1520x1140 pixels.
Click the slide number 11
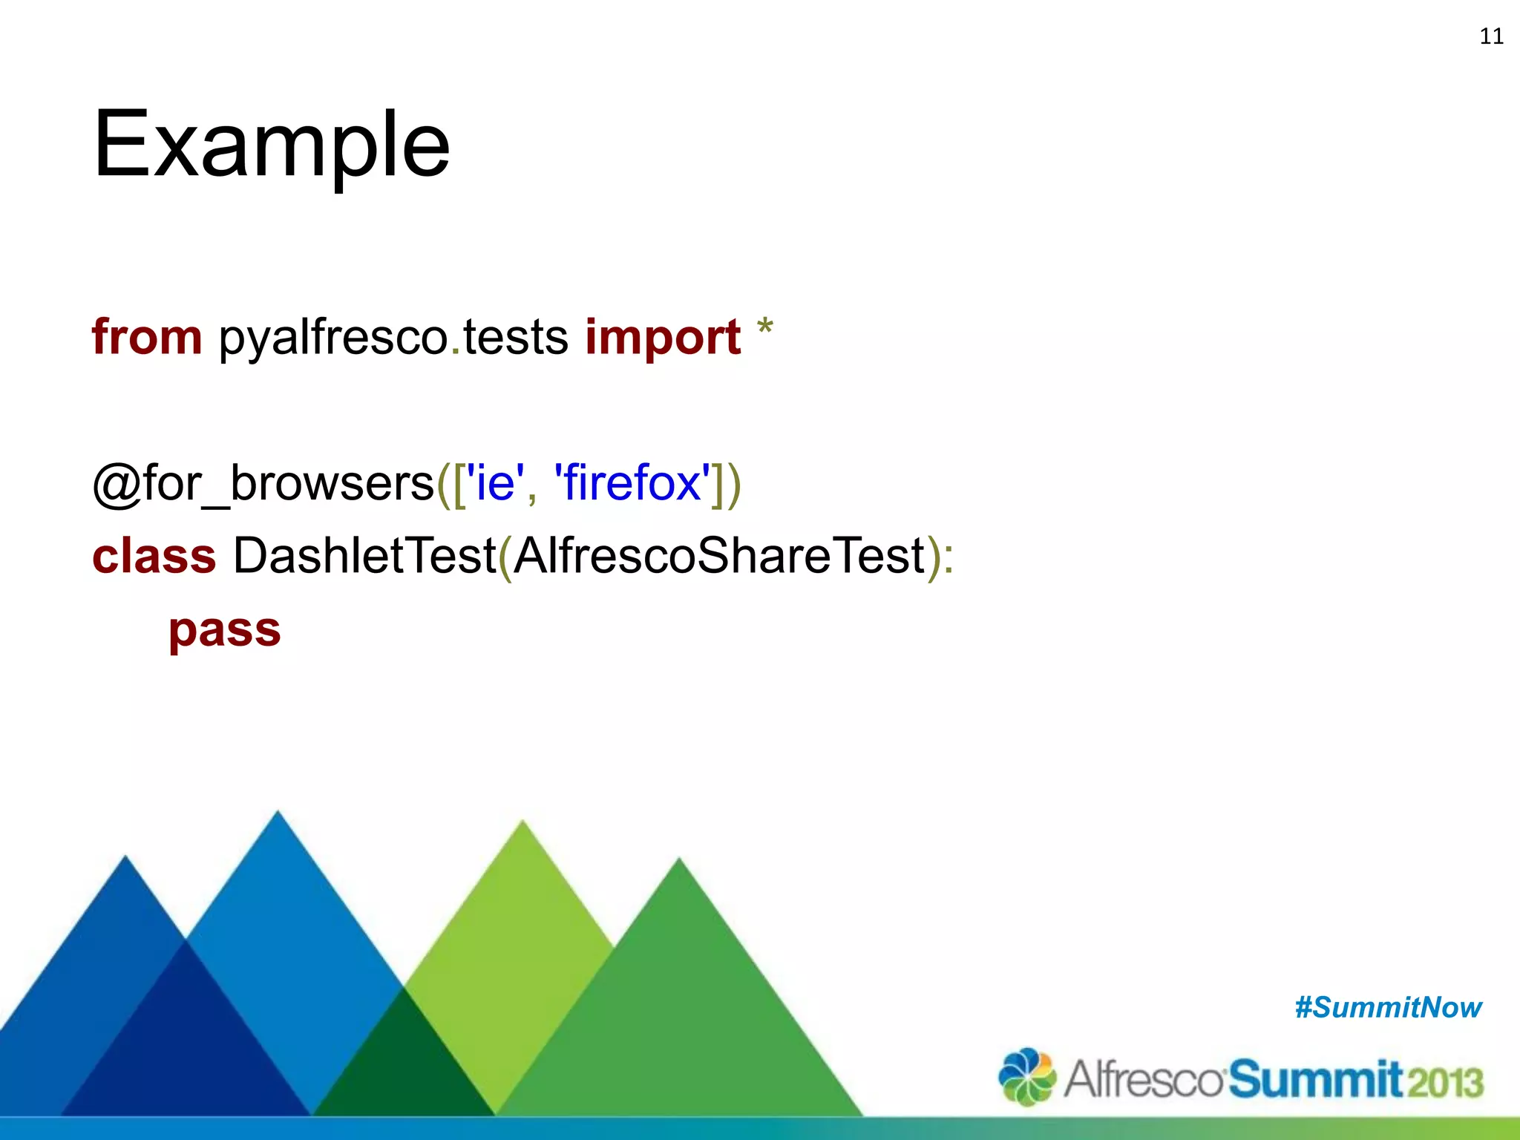click(x=1491, y=36)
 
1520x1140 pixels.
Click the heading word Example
click(x=271, y=145)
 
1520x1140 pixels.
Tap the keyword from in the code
click(x=147, y=337)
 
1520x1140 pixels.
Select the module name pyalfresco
click(x=333, y=338)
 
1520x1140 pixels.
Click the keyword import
click(x=663, y=338)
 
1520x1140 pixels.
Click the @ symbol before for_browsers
click(x=117, y=484)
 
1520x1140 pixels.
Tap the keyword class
click(x=154, y=556)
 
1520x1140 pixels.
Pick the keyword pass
click(x=225, y=631)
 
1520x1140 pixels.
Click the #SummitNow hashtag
click(x=1388, y=1008)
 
